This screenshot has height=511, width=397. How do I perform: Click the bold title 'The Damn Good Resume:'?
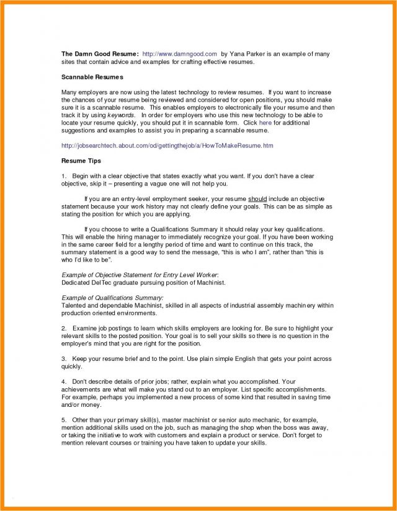(99, 55)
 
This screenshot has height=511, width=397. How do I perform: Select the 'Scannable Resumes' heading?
(92, 77)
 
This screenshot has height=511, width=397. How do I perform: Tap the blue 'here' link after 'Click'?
(265, 123)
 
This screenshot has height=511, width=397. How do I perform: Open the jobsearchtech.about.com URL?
(167, 146)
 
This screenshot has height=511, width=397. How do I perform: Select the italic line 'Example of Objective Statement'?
(140, 275)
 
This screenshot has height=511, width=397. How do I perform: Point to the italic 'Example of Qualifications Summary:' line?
(112, 298)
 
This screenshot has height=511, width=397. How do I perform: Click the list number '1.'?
(64, 176)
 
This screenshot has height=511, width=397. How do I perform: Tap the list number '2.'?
(64, 328)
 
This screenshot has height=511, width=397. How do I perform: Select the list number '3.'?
(64, 359)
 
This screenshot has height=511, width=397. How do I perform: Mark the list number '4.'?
(64, 381)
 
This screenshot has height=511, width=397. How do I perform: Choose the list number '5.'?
(64, 420)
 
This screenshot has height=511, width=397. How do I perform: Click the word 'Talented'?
(74, 306)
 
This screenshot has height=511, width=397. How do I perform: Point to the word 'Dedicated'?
(76, 282)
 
